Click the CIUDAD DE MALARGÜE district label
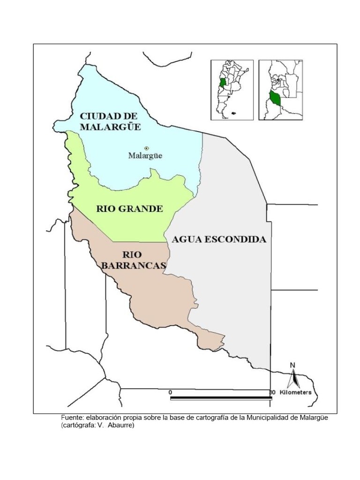point(110,121)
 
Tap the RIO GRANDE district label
point(129,209)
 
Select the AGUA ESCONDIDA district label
point(219,239)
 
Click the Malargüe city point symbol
point(146,148)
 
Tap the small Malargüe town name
point(145,156)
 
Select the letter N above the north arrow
point(292,366)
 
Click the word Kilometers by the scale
point(295,392)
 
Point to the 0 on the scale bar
point(171,392)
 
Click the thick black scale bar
point(220,398)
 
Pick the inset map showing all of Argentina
point(232,90)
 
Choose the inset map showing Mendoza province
point(281,90)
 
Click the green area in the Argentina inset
point(223,83)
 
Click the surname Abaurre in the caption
point(121,425)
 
